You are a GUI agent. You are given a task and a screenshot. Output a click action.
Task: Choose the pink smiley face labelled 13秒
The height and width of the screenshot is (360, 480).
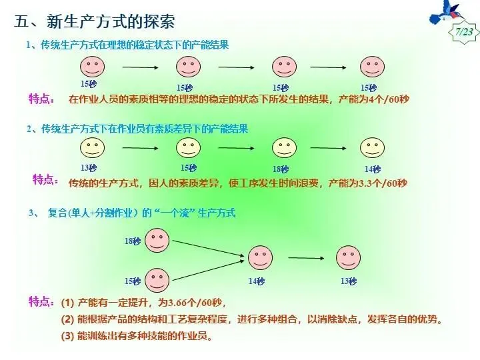[349, 257]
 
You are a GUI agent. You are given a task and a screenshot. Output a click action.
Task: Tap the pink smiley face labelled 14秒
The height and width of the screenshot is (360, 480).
[261, 257]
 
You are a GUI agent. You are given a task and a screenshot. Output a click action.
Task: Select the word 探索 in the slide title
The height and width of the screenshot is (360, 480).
[160, 22]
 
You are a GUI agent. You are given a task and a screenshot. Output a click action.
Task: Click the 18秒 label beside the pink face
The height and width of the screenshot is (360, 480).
[131, 241]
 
